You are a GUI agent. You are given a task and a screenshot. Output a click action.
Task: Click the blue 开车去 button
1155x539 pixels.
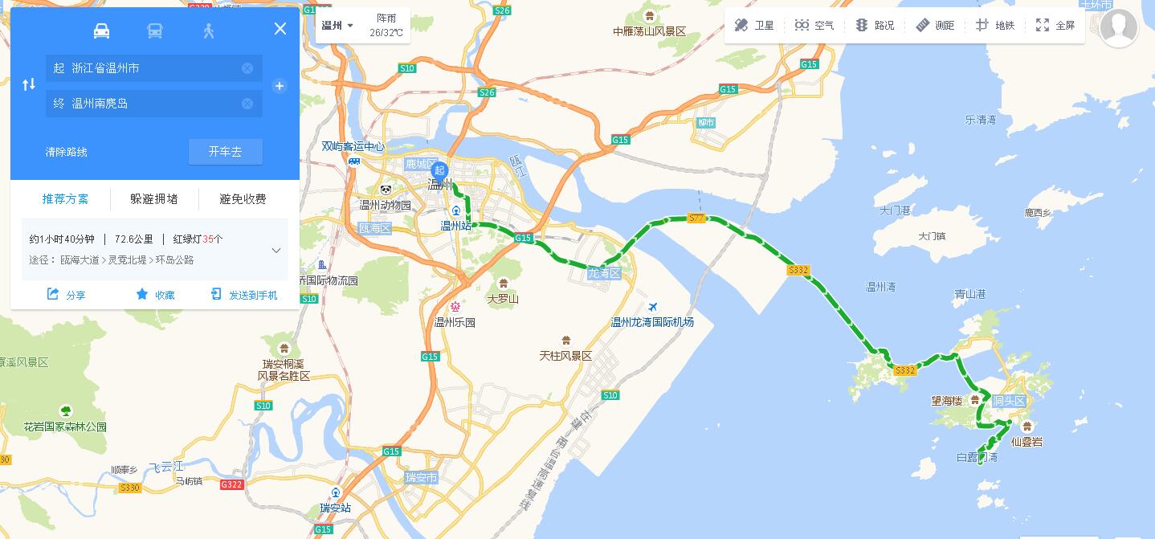pyautogui.click(x=225, y=152)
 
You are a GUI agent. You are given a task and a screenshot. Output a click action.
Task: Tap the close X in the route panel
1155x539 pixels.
pyautogui.click(x=280, y=29)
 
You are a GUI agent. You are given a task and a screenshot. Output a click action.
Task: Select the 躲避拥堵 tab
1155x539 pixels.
pyautogui.click(x=154, y=199)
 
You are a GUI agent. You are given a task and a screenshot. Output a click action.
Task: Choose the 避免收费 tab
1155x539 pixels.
pyautogui.click(x=243, y=199)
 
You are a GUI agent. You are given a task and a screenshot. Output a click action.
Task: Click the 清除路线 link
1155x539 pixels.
pyautogui.click(x=67, y=152)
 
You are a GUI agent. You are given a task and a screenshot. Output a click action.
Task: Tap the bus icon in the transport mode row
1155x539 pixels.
pyautogui.click(x=155, y=31)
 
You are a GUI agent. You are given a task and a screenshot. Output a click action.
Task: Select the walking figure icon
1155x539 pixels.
pyautogui.click(x=209, y=31)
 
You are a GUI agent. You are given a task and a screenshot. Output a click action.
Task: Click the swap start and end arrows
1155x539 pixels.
pyautogui.click(x=29, y=84)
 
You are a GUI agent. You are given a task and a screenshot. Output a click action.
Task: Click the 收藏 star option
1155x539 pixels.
pyautogui.click(x=156, y=295)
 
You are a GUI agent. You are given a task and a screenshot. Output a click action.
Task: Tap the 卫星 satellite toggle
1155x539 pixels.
pyautogui.click(x=754, y=26)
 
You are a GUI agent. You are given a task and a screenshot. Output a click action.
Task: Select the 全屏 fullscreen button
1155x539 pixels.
pyautogui.click(x=1055, y=26)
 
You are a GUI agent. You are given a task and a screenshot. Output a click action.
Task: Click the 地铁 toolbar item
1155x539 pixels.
pyautogui.click(x=995, y=26)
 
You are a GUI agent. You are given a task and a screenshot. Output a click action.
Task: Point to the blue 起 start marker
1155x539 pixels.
pyautogui.click(x=439, y=170)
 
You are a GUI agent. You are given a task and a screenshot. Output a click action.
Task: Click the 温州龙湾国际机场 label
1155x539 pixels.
pyautogui.click(x=652, y=322)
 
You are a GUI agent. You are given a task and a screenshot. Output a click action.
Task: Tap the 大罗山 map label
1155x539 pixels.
pyautogui.click(x=503, y=299)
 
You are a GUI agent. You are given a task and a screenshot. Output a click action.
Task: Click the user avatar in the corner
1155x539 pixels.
pyautogui.click(x=1118, y=28)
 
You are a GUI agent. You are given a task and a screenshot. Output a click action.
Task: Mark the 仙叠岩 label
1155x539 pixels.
pyautogui.click(x=1026, y=441)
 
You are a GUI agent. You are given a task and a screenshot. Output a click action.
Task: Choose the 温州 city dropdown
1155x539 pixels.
pyautogui.click(x=337, y=26)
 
